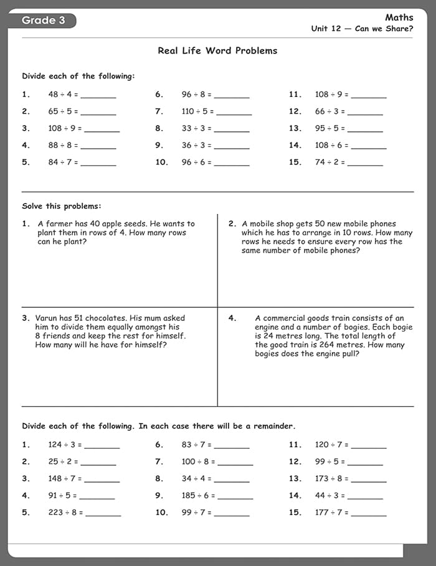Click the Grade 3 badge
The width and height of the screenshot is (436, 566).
click(44, 21)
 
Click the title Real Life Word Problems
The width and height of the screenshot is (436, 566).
click(217, 51)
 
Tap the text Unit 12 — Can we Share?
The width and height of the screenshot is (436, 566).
click(362, 29)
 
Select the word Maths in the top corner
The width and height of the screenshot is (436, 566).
click(399, 17)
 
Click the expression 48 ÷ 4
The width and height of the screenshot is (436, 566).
click(61, 95)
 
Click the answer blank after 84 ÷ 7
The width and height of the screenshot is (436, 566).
click(98, 164)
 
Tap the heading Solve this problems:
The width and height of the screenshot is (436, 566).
click(62, 206)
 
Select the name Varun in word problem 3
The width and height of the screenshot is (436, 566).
click(47, 318)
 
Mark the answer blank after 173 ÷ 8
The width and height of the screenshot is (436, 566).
click(368, 480)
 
